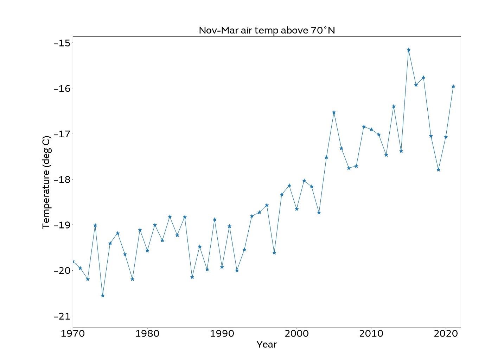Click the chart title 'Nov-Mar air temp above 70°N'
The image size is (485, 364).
pos(267,30)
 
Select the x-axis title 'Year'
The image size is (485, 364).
pos(267,344)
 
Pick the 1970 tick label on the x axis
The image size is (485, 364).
pos(73,333)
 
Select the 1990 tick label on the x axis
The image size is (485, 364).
pos(222,333)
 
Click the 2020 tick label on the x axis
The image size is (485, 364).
pos(446,333)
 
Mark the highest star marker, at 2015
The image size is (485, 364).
pos(409,50)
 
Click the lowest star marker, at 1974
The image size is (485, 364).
pos(103,296)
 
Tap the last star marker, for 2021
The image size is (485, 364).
pos(453,86)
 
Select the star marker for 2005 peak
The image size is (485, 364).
pos(334,112)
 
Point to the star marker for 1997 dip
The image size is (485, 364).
pos(274,253)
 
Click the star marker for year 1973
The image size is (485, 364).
pos(95,225)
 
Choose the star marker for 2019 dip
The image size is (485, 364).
pos(439,170)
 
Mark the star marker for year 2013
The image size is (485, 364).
pos(394,106)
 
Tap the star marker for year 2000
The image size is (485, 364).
pos(297,209)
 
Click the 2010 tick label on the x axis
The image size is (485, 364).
pos(371,333)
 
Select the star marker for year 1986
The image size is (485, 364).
pos(192,277)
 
